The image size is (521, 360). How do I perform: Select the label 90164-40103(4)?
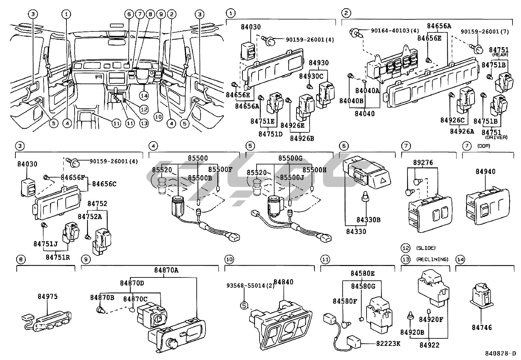[x=395, y=31]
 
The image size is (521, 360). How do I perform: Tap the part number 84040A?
[x=367, y=91]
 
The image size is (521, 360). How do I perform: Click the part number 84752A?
[x=85, y=216]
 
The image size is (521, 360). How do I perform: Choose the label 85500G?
[x=290, y=159]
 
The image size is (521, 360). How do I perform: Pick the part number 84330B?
[x=368, y=220]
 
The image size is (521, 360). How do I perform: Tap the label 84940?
[x=485, y=171]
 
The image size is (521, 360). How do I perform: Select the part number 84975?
[x=47, y=296]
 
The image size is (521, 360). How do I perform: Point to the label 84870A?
[x=166, y=270]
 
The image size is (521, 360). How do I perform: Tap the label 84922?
[x=429, y=345]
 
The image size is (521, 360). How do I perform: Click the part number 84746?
[x=482, y=327]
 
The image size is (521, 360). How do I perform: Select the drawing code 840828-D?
[x=500, y=354]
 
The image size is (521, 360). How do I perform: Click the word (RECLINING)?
[x=432, y=259]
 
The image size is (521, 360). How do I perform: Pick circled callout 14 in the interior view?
[x=144, y=95]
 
